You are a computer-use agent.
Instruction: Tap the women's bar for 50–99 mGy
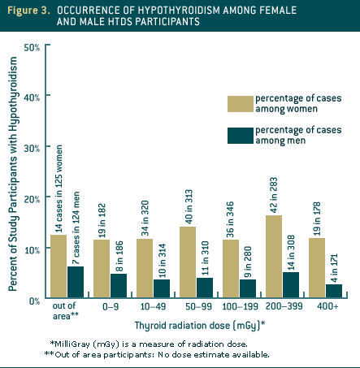point(187,263)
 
